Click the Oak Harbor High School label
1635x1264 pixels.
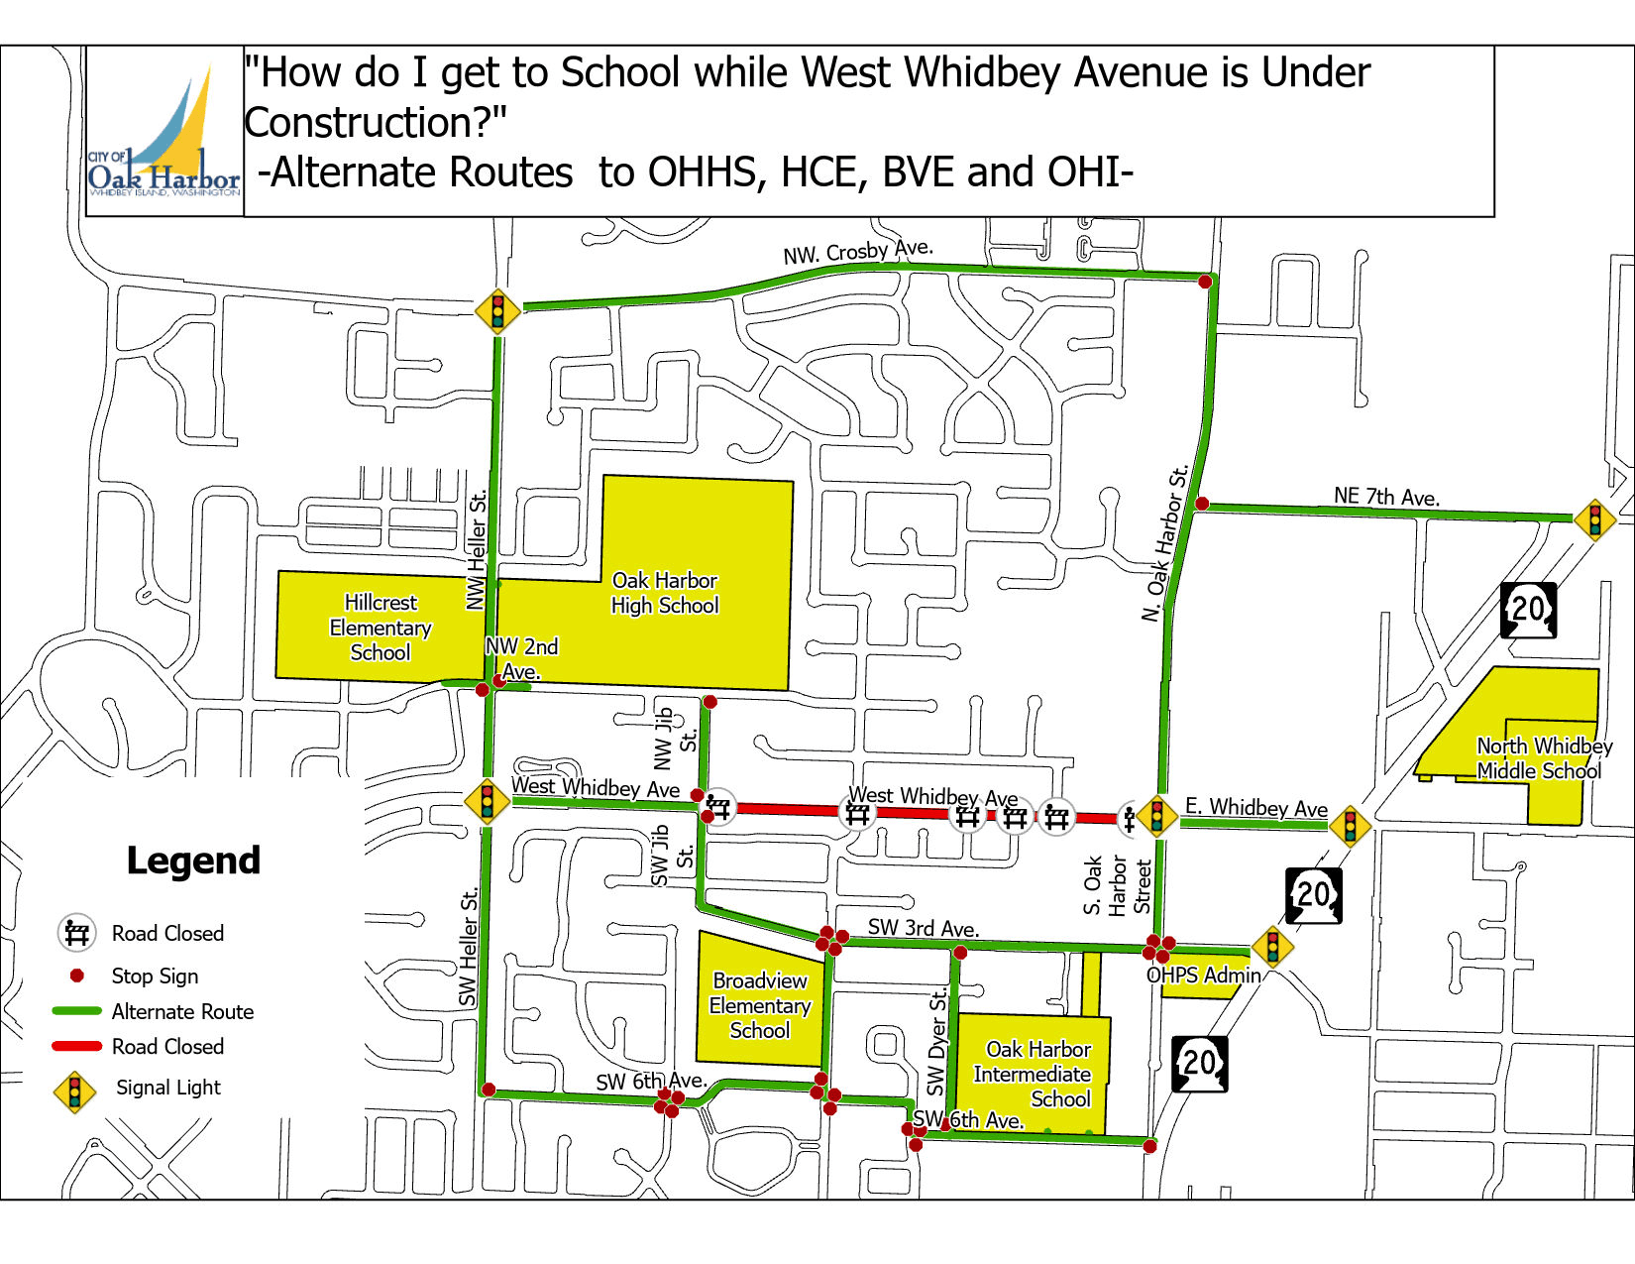pyautogui.click(x=664, y=593)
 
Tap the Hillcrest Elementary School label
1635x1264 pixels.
pyautogui.click(x=381, y=628)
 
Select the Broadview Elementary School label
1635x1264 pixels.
pyautogui.click(x=760, y=1005)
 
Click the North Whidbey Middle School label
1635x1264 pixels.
pyautogui.click(x=1543, y=758)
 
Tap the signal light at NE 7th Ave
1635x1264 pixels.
pyautogui.click(x=1594, y=519)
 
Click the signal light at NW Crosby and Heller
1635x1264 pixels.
pyautogui.click(x=497, y=310)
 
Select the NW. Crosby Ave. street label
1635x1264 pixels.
pyautogui.click(x=858, y=252)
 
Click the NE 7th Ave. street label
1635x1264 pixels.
pyautogui.click(x=1386, y=496)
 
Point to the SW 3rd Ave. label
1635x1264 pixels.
pyautogui.click(x=923, y=928)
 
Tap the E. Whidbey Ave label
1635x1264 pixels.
pyautogui.click(x=1255, y=807)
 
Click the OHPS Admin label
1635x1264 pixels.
pyautogui.click(x=1204, y=976)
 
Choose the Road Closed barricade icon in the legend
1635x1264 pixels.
pyautogui.click(x=76, y=933)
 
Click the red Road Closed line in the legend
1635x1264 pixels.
pyautogui.click(x=77, y=1046)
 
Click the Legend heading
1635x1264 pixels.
pyautogui.click(x=193, y=861)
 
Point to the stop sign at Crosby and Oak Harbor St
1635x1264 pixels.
pyautogui.click(x=1205, y=282)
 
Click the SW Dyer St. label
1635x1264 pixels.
pyautogui.click(x=936, y=1043)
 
